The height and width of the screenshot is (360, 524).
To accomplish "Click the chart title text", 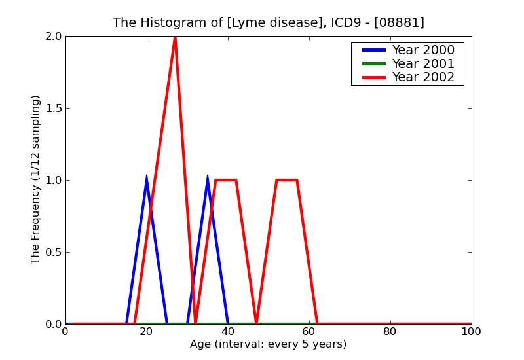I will click(269, 23).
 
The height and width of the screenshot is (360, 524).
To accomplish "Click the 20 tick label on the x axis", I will click(147, 332).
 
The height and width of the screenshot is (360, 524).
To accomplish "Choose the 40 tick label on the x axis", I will click(228, 332).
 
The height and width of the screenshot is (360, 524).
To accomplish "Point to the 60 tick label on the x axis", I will click(309, 332).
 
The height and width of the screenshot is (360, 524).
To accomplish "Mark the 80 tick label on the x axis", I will click(390, 332).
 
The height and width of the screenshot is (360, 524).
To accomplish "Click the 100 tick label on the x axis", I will click(471, 332).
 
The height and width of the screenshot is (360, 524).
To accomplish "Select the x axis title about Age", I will click(268, 344).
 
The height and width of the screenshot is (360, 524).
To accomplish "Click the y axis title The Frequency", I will click(36, 179).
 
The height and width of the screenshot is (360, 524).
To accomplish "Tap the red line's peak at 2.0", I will click(175, 37).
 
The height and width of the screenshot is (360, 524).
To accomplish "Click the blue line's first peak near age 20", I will click(147, 176).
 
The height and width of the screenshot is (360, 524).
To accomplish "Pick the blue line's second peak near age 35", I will click(208, 176).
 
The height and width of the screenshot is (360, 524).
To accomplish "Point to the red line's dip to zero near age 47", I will click(256, 323).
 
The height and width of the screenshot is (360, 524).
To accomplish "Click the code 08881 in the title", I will click(400, 23).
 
